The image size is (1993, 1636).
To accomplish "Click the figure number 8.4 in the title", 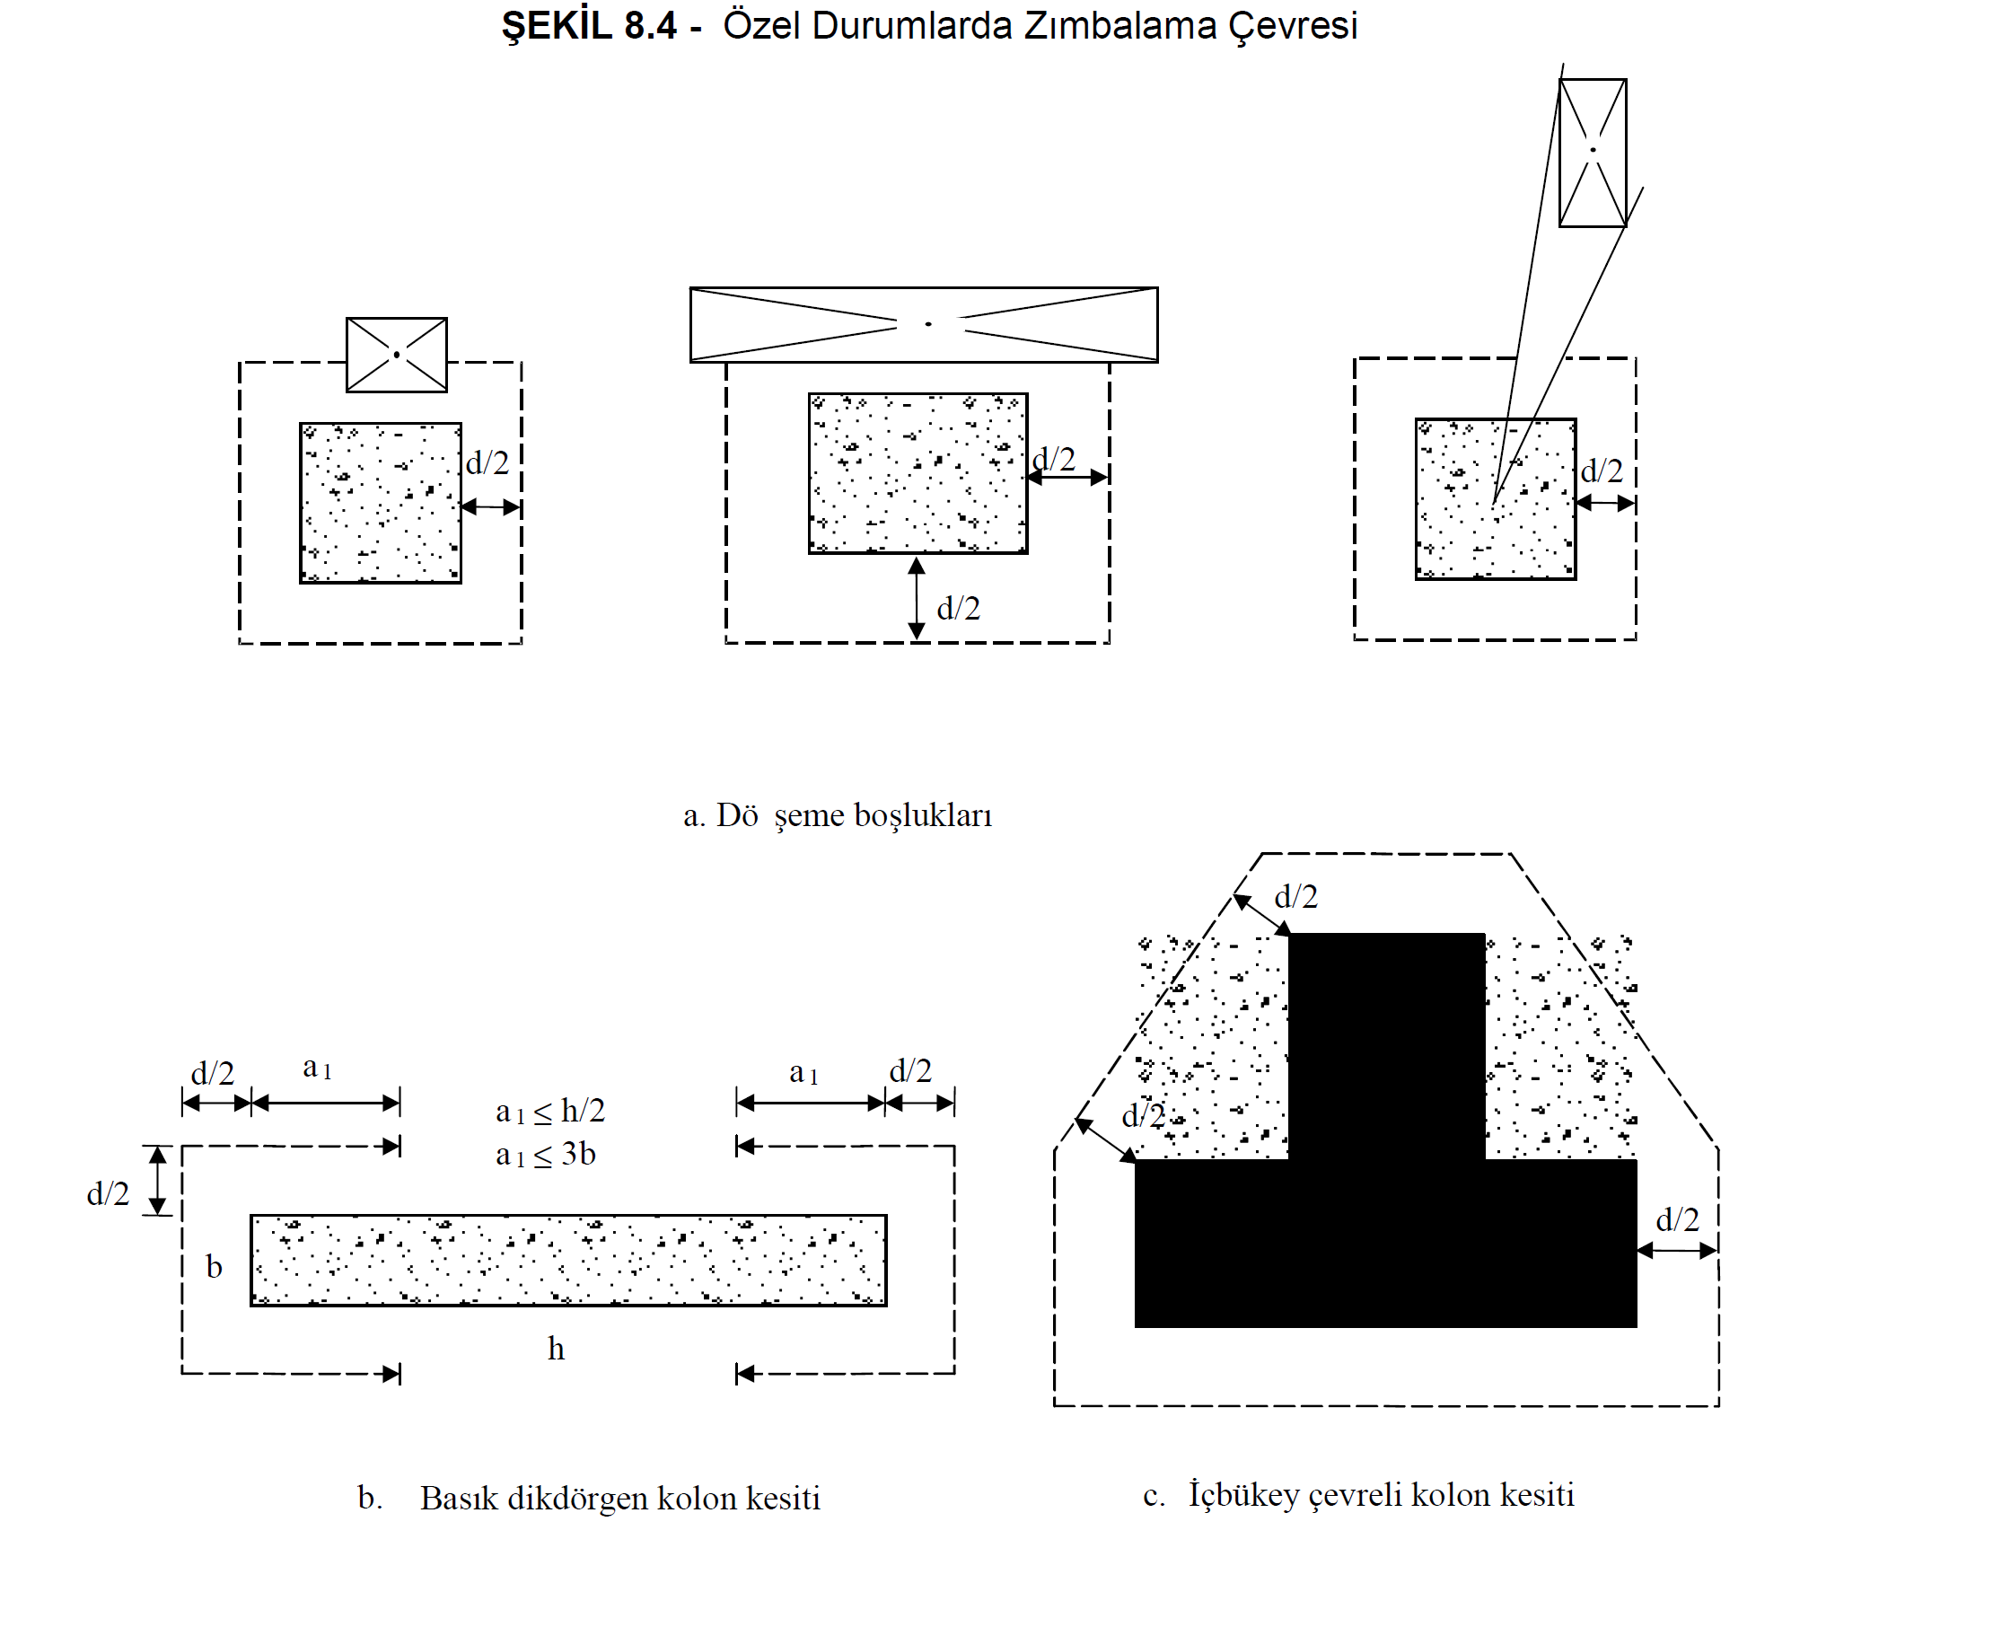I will click(649, 26).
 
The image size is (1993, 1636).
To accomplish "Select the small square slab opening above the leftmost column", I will click(397, 355).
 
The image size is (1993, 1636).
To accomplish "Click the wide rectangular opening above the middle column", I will click(924, 324).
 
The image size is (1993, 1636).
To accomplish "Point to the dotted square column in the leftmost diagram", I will click(380, 503).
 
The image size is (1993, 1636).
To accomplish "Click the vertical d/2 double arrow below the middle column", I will click(917, 598).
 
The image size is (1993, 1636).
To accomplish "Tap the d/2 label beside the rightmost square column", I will click(1602, 471).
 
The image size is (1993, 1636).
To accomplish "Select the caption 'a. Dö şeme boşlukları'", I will click(837, 815).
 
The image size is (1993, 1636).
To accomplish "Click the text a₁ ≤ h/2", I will click(550, 1111).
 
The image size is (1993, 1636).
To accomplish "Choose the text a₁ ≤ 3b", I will click(546, 1155).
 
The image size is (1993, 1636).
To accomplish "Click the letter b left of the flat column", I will click(214, 1267).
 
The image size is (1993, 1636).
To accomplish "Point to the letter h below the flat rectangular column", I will click(556, 1349).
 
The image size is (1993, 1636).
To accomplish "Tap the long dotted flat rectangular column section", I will click(568, 1260).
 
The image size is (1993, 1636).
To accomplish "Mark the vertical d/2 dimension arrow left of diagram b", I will click(158, 1180).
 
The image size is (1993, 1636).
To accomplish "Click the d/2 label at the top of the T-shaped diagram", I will click(1295, 896).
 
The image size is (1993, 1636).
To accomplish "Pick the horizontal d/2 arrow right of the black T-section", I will click(1677, 1251).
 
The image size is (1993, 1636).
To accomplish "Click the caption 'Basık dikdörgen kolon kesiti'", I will click(620, 1499).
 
